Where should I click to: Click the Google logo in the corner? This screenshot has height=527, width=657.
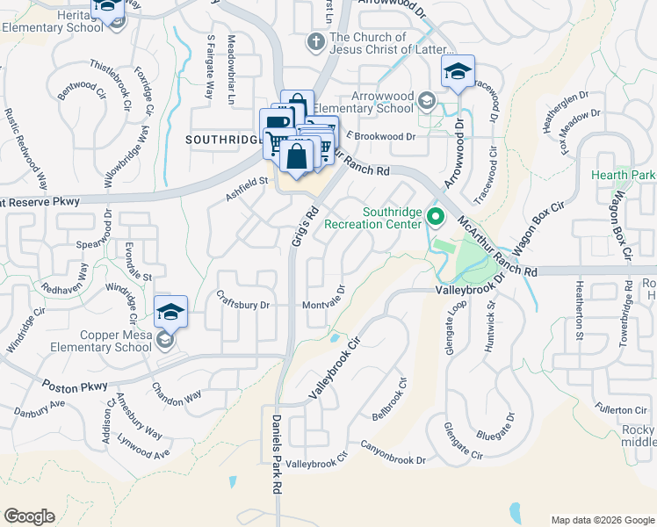[x=29, y=516]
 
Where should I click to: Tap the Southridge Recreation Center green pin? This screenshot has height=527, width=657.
[x=434, y=215]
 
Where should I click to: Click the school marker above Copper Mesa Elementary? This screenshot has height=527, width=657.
[x=170, y=310]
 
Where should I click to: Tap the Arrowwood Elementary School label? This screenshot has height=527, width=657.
[x=381, y=102]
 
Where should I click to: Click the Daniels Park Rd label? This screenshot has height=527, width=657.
[x=276, y=452]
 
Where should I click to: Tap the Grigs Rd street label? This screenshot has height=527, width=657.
[x=303, y=226]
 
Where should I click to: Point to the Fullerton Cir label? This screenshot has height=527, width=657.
[x=620, y=409]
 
